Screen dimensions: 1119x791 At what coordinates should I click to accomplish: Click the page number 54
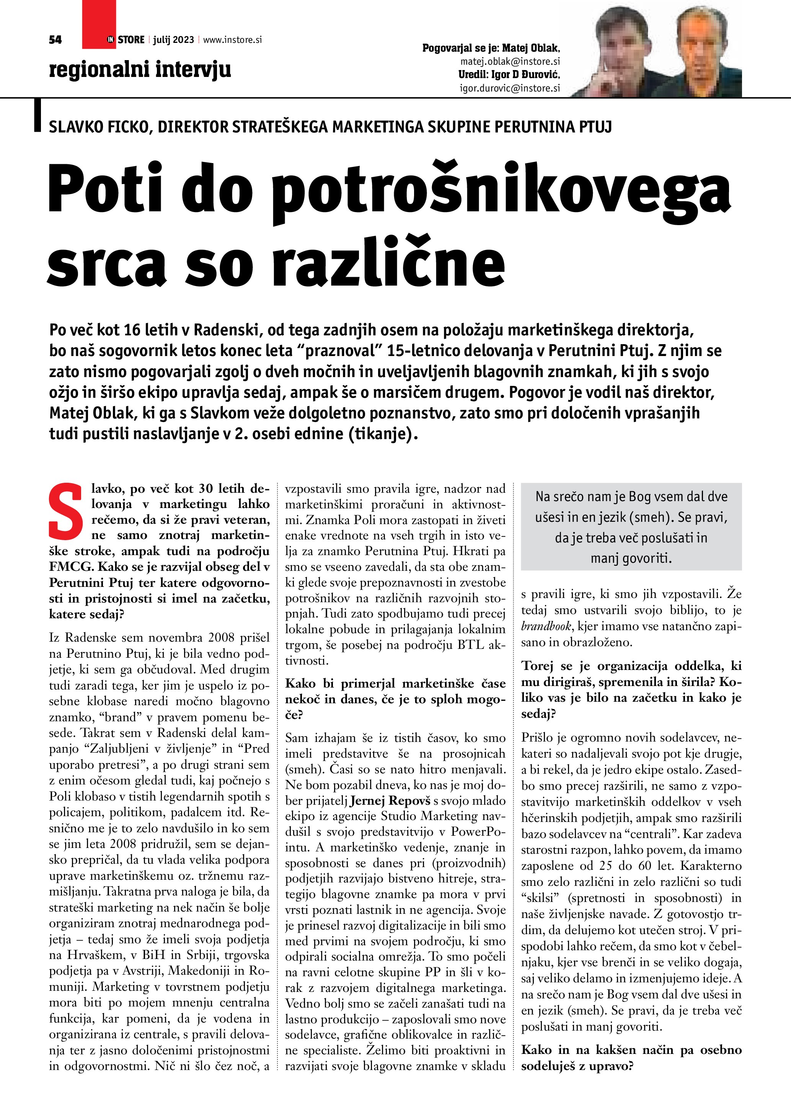(x=55, y=40)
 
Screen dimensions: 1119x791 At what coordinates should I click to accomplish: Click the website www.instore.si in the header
(x=232, y=40)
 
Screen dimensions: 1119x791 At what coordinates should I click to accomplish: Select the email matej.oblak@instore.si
(x=510, y=61)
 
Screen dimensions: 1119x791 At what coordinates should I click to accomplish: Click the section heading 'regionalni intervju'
(x=140, y=69)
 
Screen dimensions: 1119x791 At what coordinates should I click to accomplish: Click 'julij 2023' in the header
(x=173, y=40)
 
